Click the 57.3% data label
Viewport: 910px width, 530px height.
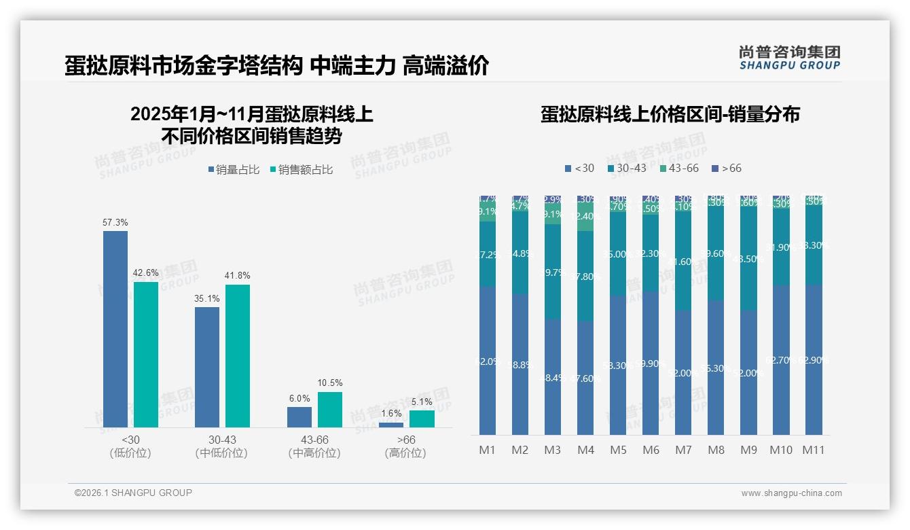pyautogui.click(x=115, y=223)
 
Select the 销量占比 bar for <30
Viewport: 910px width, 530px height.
pyautogui.click(x=115, y=329)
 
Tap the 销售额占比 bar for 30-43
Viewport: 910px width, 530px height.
pyautogui.click(x=238, y=355)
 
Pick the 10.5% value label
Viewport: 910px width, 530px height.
pyautogui.click(x=330, y=383)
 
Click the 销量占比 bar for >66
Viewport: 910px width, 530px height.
pyautogui.click(x=390, y=425)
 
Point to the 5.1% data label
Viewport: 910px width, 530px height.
pyautogui.click(x=421, y=402)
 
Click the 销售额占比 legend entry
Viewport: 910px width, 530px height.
pyautogui.click(x=302, y=170)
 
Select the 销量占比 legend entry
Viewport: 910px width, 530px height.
pyautogui.click(x=234, y=170)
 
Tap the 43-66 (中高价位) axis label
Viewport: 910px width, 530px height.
pyautogui.click(x=314, y=446)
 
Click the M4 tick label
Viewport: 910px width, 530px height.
pyautogui.click(x=585, y=450)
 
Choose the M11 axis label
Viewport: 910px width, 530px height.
pyautogui.click(x=814, y=450)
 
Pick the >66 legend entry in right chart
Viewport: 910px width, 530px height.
pyautogui.click(x=727, y=168)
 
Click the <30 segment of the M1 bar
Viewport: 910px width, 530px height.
pyautogui.click(x=488, y=360)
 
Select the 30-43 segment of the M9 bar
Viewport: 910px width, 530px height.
pyautogui.click(x=748, y=258)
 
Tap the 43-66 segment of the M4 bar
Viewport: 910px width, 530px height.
pyautogui.click(x=585, y=217)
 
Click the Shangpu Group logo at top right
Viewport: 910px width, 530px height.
pyautogui.click(x=789, y=57)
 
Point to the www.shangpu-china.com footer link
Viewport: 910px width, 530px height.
pyautogui.click(x=791, y=493)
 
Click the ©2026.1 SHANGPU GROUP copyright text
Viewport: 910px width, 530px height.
pyautogui.click(x=133, y=493)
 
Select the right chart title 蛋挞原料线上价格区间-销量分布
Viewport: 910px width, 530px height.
pyautogui.click(x=670, y=114)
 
